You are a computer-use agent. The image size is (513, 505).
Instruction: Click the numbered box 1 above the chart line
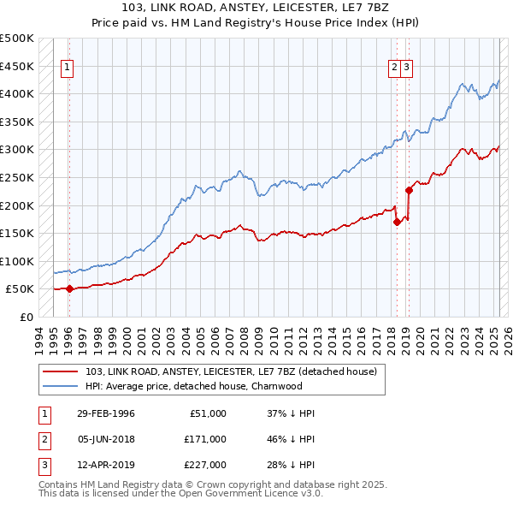tap(67, 70)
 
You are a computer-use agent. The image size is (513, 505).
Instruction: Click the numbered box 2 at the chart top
tap(395, 70)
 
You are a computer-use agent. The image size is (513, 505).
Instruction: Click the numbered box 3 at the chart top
tap(407, 70)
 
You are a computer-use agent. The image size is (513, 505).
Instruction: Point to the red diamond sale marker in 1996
tap(69, 288)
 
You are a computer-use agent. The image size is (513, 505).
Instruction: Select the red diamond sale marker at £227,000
tap(409, 190)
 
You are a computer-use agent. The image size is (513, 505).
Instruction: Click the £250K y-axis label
tap(17, 177)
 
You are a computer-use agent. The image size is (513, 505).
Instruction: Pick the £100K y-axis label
tap(17, 261)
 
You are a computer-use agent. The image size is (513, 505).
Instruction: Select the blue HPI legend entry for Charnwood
tap(194, 386)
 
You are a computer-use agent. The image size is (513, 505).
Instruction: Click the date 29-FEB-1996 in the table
tap(106, 413)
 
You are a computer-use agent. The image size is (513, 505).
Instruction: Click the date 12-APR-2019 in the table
tap(106, 465)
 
